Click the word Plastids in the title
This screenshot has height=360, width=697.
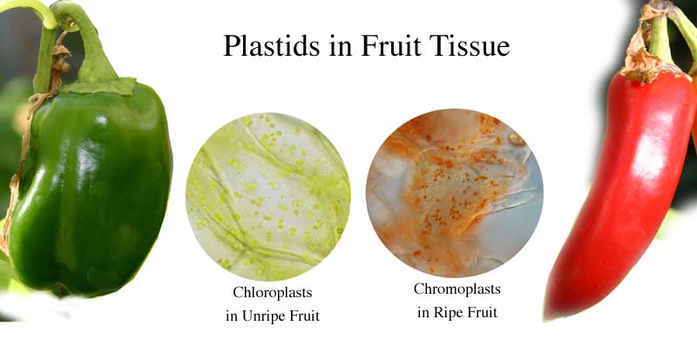point(271,45)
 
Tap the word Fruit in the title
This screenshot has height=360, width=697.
point(389,45)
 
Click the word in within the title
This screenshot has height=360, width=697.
point(340,46)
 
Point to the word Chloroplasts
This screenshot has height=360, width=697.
point(273,292)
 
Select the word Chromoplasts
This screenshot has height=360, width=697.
point(457,289)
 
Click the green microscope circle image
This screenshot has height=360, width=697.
point(268,196)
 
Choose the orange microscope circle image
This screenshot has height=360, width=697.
point(454,193)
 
